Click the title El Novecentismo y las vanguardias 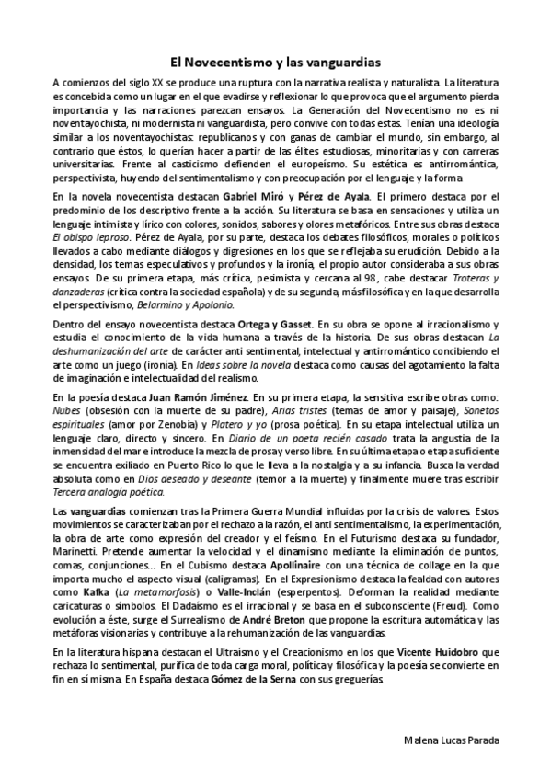(275, 63)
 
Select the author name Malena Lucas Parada (457, 740)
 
